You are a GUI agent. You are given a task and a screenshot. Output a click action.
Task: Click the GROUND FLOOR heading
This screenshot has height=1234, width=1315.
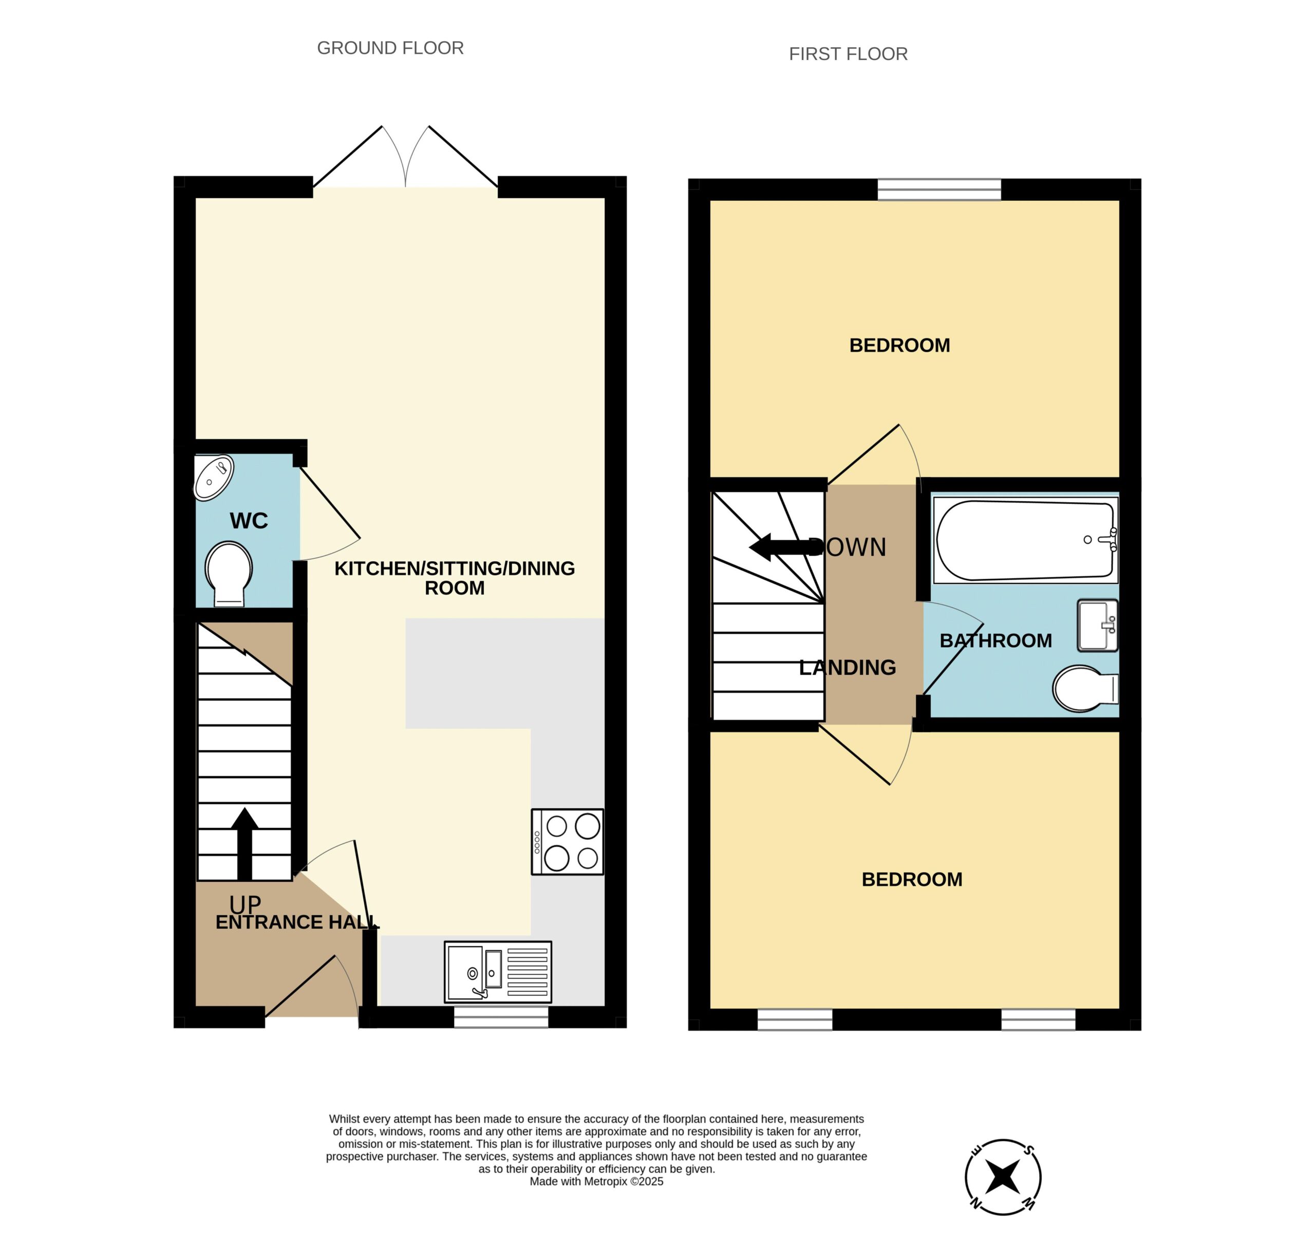(390, 48)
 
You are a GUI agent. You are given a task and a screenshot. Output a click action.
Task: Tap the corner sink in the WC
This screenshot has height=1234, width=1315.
(213, 477)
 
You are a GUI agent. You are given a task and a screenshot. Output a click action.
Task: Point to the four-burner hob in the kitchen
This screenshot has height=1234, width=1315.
(568, 842)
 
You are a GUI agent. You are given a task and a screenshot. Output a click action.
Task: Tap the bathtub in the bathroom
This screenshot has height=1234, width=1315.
(1025, 540)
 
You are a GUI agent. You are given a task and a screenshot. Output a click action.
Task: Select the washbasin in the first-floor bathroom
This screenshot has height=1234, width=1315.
(1097, 625)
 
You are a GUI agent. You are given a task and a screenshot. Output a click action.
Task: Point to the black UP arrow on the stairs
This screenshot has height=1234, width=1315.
(245, 844)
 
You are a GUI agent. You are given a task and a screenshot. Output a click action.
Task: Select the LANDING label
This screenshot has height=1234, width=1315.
(848, 667)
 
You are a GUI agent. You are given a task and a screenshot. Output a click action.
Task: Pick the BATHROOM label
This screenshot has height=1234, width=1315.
(995, 640)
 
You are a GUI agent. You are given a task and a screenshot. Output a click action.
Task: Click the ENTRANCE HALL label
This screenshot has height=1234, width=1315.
(297, 922)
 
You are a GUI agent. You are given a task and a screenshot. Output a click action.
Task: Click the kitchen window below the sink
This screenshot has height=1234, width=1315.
(501, 1017)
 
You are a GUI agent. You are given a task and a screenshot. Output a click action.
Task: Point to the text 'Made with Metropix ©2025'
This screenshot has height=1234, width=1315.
(596, 1181)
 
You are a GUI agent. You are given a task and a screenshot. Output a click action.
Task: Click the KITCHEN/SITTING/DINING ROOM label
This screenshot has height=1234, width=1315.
(455, 578)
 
